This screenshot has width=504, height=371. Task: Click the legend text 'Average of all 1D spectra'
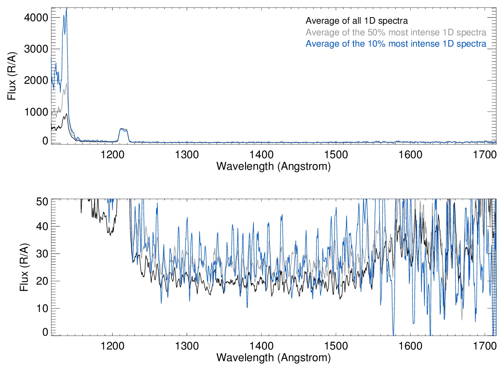[356, 21]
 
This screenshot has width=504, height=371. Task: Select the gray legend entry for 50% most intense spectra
[396, 32]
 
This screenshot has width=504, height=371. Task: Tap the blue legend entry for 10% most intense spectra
[396, 44]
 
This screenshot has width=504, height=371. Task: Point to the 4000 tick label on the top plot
[36, 17]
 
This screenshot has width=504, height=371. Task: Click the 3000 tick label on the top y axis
[36, 49]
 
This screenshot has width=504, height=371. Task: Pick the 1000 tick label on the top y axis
[36, 112]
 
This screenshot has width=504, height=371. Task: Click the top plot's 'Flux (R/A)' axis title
[12, 76]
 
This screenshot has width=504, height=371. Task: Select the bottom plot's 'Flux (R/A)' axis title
[24, 267]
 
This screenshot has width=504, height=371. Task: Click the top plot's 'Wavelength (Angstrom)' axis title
[274, 166]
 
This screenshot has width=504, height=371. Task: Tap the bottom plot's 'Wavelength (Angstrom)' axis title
[274, 358]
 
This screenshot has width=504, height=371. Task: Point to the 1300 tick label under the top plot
[187, 155]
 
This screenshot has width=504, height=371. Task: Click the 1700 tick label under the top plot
[485, 155]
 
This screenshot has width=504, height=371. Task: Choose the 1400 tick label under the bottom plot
[261, 345]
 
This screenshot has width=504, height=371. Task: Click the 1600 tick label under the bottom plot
[410, 345]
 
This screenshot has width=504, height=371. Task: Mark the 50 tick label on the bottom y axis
[42, 202]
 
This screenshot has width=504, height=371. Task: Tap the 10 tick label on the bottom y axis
[42, 308]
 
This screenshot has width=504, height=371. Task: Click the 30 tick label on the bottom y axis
[42, 254]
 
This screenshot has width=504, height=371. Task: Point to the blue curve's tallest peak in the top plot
[66, 9]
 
